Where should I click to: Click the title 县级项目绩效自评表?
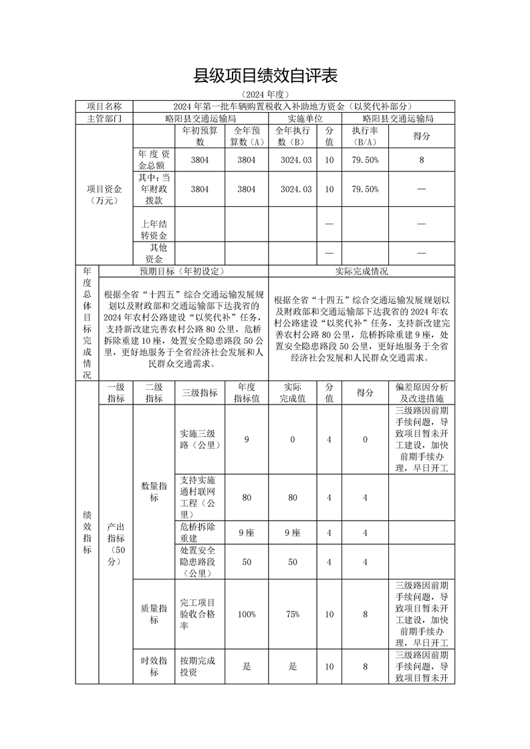pyautogui.click(x=265, y=75)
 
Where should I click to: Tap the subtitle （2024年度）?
pyautogui.click(x=265, y=95)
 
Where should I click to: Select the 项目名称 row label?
pyautogui.click(x=104, y=106)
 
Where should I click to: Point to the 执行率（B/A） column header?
pyautogui.click(x=366, y=136)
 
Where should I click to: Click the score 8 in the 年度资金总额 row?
pyautogui.click(x=421, y=160)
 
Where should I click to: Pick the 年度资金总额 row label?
pyautogui.click(x=154, y=160)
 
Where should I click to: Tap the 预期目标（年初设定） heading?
pyautogui.click(x=182, y=271)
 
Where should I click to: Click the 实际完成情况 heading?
pyautogui.click(x=361, y=271)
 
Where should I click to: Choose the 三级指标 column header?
pyautogui.click(x=199, y=393)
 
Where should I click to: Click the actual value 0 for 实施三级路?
pyautogui.click(x=292, y=439)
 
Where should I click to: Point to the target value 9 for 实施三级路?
pyautogui.click(x=247, y=439)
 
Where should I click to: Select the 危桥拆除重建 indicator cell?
pyautogui.click(x=198, y=533)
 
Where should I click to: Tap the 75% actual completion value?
pyautogui.click(x=292, y=614)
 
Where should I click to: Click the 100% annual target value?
pyautogui.click(x=247, y=614)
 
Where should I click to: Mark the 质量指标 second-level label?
pyautogui.click(x=154, y=614)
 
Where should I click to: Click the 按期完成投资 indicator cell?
pyautogui.click(x=198, y=666)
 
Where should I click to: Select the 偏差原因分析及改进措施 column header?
pyautogui.click(x=421, y=393)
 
